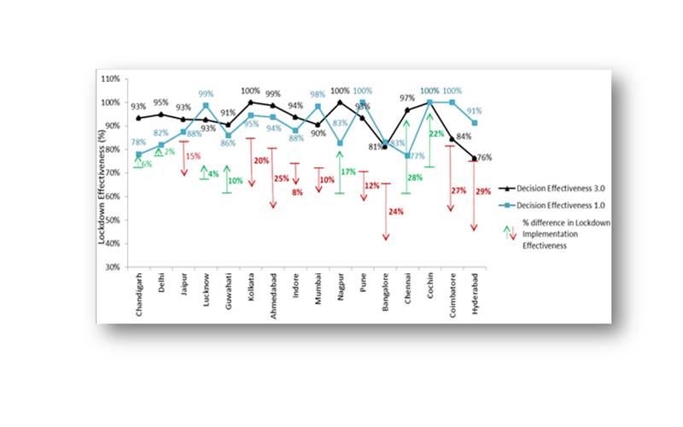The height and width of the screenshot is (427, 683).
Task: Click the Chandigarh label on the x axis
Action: (138, 293)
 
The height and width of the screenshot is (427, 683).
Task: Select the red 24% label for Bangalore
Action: (395, 211)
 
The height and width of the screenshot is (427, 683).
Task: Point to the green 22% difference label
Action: (436, 134)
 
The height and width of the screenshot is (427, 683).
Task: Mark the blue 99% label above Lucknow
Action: (206, 94)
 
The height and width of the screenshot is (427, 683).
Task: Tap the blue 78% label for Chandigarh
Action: (137, 143)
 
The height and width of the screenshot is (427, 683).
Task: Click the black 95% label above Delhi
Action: (160, 102)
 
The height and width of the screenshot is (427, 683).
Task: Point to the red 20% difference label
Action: (261, 161)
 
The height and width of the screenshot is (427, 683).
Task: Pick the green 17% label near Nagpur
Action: (348, 173)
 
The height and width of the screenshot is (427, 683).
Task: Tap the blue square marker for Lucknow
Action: (206, 106)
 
